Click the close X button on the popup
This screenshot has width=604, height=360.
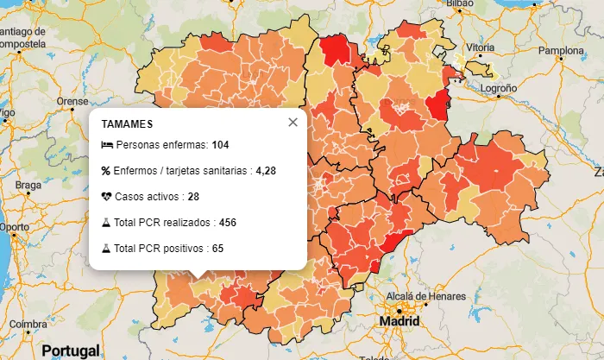tap(293, 123)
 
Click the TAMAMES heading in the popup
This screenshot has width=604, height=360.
tap(127, 124)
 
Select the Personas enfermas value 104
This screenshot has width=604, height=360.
tap(220, 144)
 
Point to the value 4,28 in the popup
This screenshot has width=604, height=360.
tap(266, 171)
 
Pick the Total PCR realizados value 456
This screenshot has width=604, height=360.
tap(228, 223)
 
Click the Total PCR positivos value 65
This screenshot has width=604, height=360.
tap(217, 249)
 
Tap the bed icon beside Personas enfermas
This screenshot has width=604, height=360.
tap(106, 144)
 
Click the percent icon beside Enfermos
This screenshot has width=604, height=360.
tap(106, 171)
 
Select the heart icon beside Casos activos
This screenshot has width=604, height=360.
tap(106, 197)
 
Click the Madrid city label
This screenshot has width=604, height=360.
tap(400, 321)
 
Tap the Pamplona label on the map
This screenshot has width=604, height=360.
tap(561, 50)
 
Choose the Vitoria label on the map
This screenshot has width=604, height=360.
tap(480, 47)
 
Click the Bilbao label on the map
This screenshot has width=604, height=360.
tap(460, 3)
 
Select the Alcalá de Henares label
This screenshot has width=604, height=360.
tap(425, 296)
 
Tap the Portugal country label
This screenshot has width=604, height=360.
tap(71, 351)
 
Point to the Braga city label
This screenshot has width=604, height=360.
tap(28, 185)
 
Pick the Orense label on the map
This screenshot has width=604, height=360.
tap(72, 101)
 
